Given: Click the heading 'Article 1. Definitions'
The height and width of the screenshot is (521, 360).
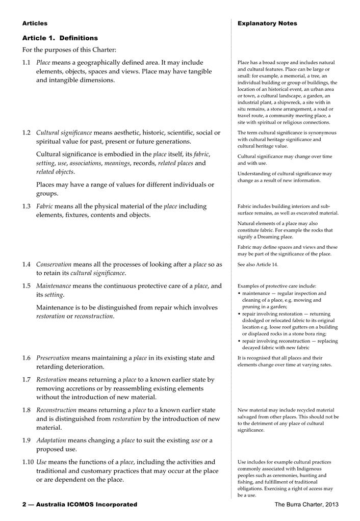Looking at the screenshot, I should click(60, 38).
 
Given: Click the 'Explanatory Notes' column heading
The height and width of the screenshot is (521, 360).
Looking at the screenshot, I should click(267, 23).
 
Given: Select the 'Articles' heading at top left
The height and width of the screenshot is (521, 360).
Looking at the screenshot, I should click(35, 23).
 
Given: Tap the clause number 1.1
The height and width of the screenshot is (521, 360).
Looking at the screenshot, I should click(27, 63).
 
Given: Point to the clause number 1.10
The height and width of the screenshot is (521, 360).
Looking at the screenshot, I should click(28, 462).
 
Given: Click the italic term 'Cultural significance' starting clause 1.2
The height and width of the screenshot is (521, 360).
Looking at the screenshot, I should click(64, 133).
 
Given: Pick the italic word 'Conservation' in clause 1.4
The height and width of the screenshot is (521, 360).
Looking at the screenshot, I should click(54, 265).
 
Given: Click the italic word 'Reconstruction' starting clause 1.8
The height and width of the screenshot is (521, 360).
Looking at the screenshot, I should click(56, 410).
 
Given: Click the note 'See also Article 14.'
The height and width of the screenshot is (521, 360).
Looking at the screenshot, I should click(258, 265).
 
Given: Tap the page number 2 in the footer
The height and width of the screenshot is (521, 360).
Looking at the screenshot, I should click(24, 505).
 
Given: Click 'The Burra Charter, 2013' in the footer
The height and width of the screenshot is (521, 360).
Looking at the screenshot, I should click(306, 505).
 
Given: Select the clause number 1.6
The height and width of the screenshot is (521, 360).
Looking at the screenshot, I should click(27, 358).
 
